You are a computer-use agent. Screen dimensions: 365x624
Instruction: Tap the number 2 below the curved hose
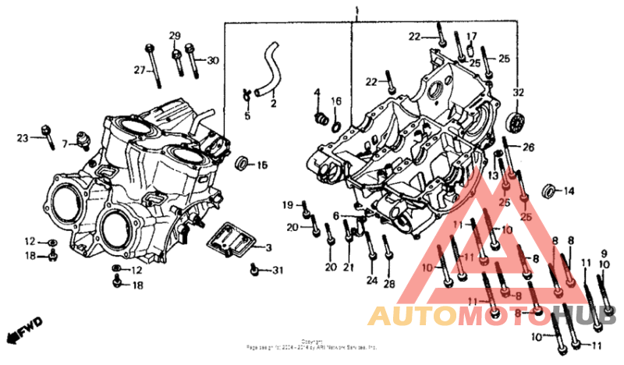pos(274,103)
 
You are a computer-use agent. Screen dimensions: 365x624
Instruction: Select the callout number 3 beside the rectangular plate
pos(268,248)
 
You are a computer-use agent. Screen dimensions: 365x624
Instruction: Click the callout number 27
pos(139,70)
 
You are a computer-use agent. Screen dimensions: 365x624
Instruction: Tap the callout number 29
pos(175,36)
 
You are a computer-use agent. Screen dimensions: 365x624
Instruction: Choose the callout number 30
pos(212,61)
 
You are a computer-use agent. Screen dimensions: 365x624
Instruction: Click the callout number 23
pos(22,138)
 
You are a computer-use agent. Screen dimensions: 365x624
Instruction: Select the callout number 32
pos(518,92)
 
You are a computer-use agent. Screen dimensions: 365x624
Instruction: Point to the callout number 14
pos(569,190)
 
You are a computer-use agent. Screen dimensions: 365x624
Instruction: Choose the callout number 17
pos(471,37)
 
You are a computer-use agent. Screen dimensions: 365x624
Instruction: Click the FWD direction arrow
pos(23,331)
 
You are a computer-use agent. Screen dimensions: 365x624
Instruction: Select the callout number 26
pos(528,147)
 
